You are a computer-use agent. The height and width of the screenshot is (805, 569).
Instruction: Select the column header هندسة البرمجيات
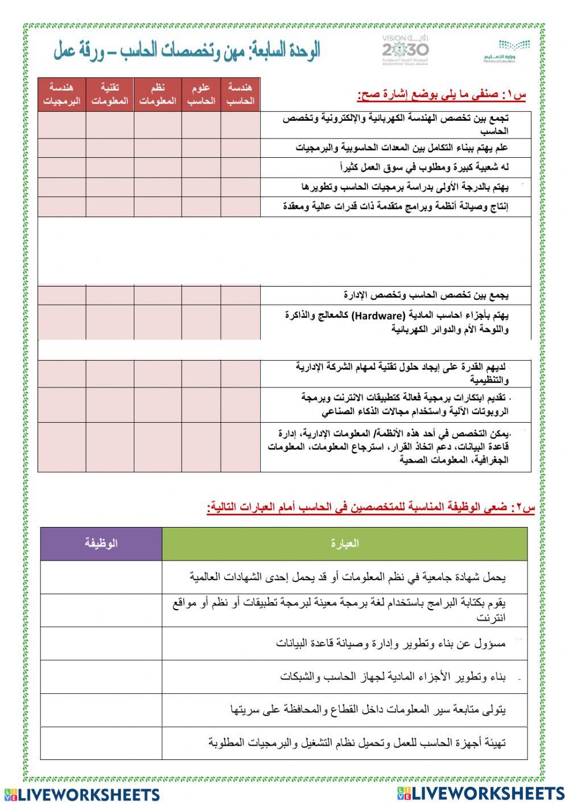pos(62,95)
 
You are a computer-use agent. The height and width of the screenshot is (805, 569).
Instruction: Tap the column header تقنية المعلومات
pos(110,95)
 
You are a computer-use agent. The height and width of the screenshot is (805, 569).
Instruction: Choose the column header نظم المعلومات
pos(158,95)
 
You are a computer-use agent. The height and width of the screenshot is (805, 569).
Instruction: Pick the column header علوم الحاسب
pos(201,95)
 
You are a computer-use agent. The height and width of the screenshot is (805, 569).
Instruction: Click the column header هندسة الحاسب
pos(240,95)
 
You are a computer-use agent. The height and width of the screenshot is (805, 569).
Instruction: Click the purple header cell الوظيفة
pos(101,544)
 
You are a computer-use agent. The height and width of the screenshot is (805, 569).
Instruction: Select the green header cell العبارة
pos(344,544)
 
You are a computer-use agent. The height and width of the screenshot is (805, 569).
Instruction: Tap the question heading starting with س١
pos(442,95)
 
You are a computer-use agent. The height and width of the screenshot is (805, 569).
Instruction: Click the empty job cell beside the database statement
pos(101,644)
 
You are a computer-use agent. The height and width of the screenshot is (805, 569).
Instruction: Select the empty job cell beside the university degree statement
pos(101,577)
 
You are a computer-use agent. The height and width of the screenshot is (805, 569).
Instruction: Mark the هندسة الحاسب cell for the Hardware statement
pos(240,322)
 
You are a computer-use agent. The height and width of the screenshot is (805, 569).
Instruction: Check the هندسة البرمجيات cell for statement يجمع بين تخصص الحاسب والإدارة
pos(62,295)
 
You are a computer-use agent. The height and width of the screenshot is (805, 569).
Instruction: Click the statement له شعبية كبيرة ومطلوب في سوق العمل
pos(424,167)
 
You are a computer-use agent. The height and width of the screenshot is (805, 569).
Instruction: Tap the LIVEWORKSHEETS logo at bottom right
pos(481,793)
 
